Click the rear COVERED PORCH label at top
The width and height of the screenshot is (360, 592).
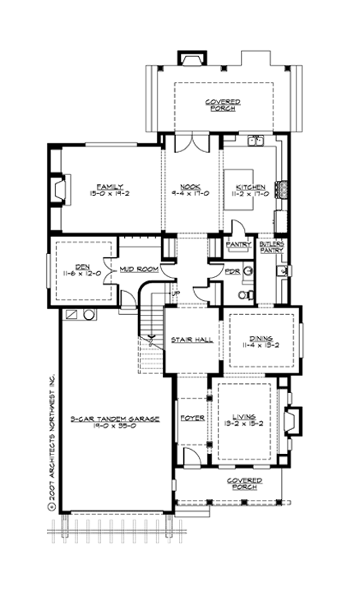(x=219, y=104)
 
